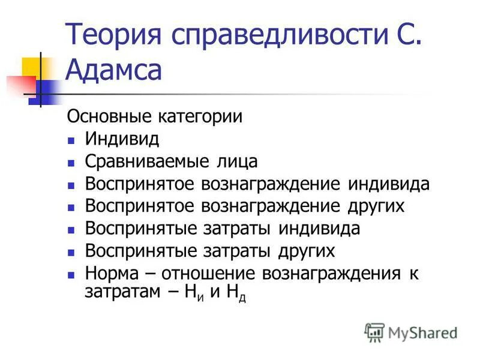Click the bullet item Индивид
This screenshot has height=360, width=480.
coord(122,139)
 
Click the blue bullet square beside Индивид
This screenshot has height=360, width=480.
coord(70,141)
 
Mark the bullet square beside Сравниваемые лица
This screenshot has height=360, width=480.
coord(70,163)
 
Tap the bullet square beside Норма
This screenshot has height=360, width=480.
coord(70,275)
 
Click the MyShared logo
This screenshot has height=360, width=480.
coord(411,332)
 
